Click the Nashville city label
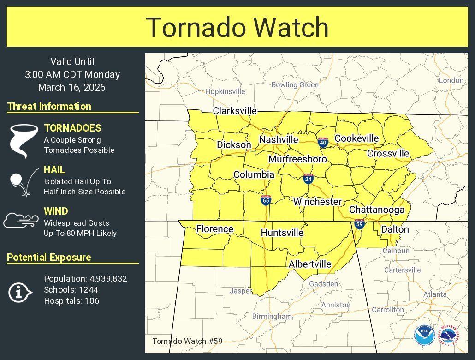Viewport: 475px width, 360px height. pos(279,140)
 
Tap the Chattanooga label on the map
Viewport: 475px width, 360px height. pos(377,210)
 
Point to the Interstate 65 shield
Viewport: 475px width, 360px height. pos(266,199)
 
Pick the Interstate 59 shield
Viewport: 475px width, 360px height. pos(359,224)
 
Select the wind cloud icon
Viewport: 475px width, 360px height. pos(22,220)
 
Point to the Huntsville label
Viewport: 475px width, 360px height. pos(282,233)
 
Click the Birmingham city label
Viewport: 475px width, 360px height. pos(272,317)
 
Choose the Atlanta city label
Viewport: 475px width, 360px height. pos(435,294)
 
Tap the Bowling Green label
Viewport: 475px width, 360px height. pos(295,85)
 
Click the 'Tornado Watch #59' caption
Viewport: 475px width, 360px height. pos(187,341)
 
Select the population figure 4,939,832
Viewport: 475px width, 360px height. pos(107,279)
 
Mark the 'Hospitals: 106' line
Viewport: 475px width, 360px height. pos(71,301)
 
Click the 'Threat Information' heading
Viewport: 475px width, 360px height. pos(49,106)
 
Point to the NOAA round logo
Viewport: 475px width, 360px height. pos(423,336)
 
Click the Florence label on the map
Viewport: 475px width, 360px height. pos(214,229)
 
